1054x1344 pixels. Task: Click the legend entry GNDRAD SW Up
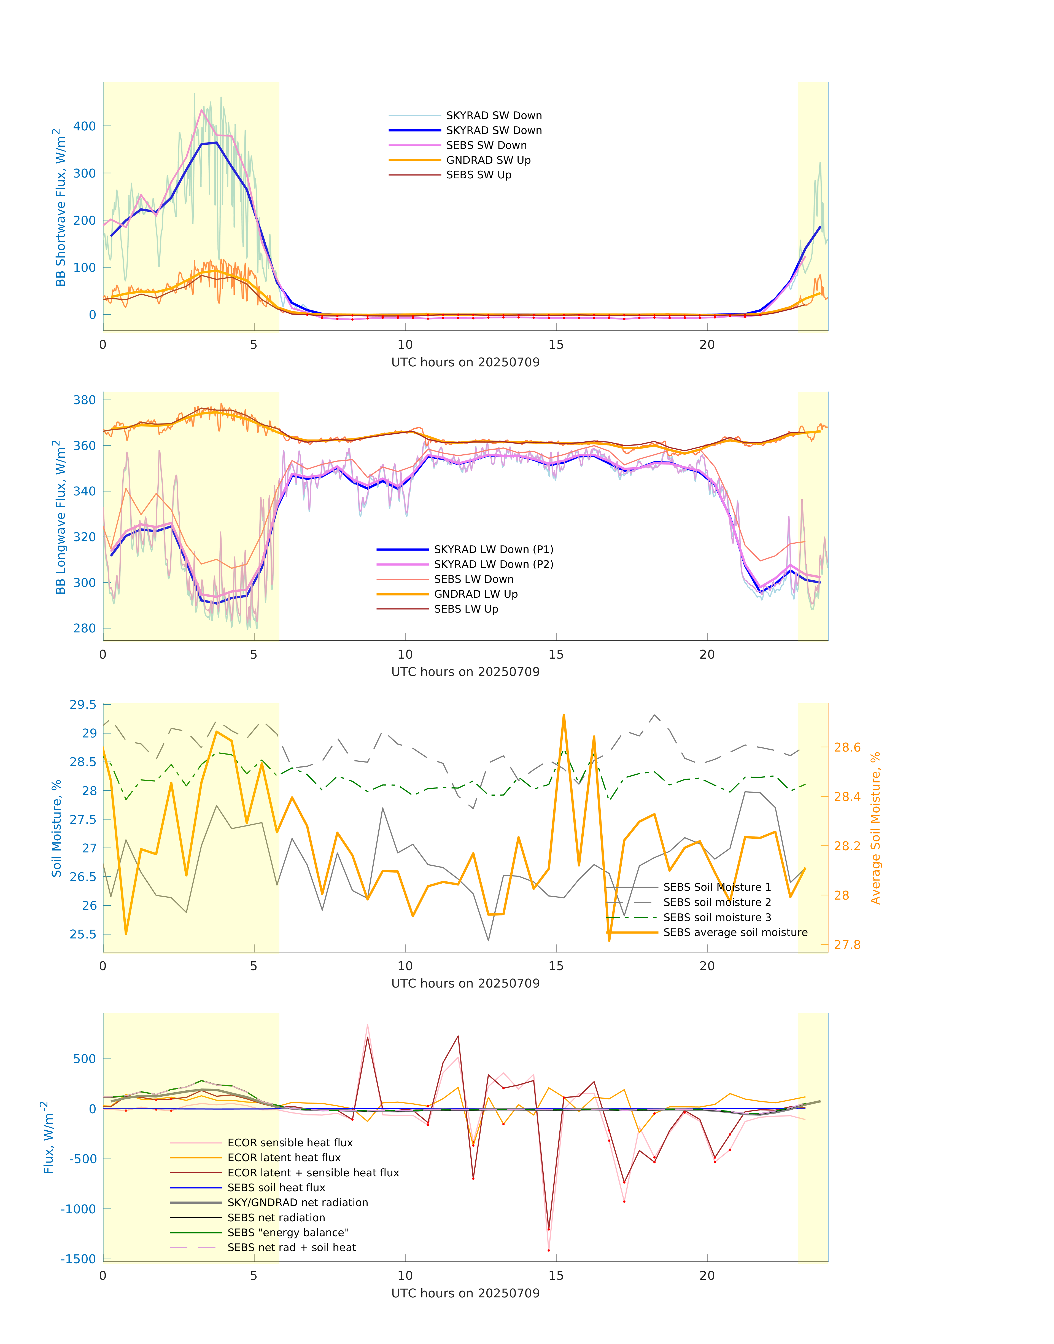click(487, 160)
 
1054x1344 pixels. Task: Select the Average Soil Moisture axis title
click(875, 828)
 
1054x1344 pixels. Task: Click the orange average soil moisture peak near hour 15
click(564, 715)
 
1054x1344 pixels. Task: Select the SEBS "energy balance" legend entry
click(288, 1232)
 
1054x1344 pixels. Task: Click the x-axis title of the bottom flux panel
click(465, 1293)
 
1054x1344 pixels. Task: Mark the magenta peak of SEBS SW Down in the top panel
click(201, 111)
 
